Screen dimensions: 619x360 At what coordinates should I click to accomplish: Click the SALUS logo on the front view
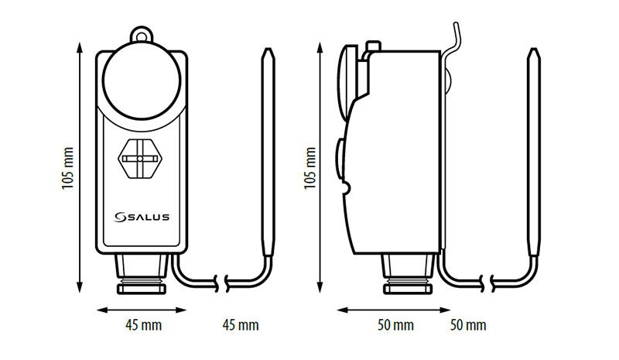click(x=142, y=217)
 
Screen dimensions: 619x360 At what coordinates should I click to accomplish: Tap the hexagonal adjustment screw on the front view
click(x=140, y=159)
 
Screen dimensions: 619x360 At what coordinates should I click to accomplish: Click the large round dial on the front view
click(x=142, y=81)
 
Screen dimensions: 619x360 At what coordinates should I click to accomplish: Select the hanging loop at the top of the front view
click(x=141, y=34)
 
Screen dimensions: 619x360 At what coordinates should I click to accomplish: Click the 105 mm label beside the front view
click(x=68, y=168)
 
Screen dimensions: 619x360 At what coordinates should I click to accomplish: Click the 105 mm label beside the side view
click(x=310, y=168)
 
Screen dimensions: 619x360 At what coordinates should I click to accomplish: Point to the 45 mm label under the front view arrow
click(x=144, y=325)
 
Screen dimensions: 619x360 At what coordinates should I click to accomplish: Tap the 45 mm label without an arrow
click(x=241, y=325)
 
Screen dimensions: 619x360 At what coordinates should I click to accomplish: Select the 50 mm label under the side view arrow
click(x=395, y=325)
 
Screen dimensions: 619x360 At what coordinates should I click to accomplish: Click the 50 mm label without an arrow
click(x=468, y=325)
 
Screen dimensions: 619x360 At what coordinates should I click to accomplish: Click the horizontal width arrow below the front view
click(x=142, y=310)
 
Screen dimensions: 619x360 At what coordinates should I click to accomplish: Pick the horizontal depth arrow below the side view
click(x=394, y=310)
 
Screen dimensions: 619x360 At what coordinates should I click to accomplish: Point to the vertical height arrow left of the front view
click(x=80, y=168)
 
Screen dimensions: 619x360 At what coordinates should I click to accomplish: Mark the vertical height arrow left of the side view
click(x=320, y=168)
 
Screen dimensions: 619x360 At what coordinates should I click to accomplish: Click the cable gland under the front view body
click(x=142, y=274)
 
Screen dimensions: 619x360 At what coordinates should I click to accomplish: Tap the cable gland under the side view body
click(x=409, y=274)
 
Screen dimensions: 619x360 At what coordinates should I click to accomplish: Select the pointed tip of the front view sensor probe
click(x=268, y=49)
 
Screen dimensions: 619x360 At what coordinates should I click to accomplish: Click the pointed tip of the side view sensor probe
click(x=534, y=49)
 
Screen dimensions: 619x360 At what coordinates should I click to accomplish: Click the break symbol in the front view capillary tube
click(x=222, y=283)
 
